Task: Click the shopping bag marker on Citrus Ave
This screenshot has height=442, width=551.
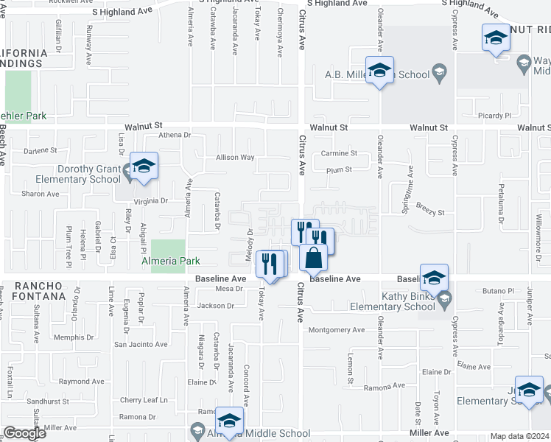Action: [x=314, y=259]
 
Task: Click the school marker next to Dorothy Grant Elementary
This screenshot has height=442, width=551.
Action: [x=144, y=166]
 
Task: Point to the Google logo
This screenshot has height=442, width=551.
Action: [x=24, y=433]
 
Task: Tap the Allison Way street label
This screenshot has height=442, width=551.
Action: [x=235, y=158]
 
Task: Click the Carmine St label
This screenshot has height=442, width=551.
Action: [x=339, y=154]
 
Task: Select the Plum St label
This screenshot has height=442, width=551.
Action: [x=339, y=169]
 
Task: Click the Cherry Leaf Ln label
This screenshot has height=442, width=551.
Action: [x=144, y=401]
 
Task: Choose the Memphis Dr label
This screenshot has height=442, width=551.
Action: [x=74, y=337]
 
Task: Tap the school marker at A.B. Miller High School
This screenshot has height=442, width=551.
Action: [x=379, y=70]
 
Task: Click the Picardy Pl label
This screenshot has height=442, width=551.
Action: [x=495, y=116]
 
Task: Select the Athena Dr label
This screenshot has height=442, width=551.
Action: [x=175, y=136]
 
